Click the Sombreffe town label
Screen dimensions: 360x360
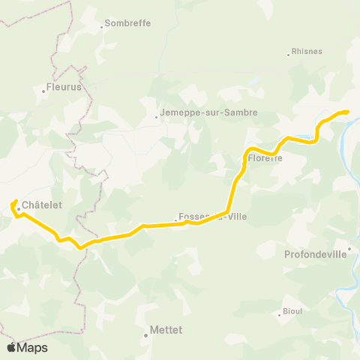click(x=128, y=23)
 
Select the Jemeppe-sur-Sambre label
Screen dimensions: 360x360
click(x=209, y=112)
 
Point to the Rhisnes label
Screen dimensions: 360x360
click(x=307, y=52)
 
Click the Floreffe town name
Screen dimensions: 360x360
click(x=265, y=158)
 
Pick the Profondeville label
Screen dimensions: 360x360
click(x=316, y=253)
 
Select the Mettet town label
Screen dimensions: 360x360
click(x=166, y=329)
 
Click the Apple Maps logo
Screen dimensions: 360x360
click(x=27, y=347)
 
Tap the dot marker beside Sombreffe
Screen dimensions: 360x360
click(x=102, y=27)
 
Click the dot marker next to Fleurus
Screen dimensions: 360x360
click(x=44, y=91)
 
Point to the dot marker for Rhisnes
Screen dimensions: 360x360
click(x=289, y=55)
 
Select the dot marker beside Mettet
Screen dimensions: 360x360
click(x=146, y=335)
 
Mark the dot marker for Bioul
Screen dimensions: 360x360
click(x=279, y=314)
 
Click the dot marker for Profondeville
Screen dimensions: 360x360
click(x=350, y=248)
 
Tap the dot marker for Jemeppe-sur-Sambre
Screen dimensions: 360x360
click(x=157, y=117)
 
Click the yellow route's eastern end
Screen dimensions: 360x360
click(x=348, y=112)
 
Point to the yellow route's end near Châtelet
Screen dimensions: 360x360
click(x=16, y=201)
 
